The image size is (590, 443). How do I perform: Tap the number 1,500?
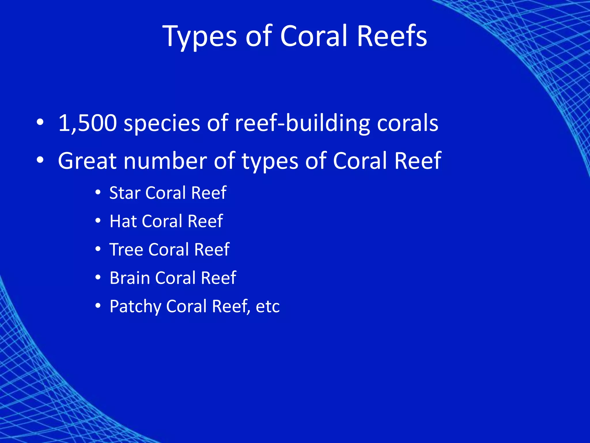[88, 123]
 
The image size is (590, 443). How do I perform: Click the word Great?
[87, 161]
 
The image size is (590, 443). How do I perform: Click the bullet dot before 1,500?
[40, 123]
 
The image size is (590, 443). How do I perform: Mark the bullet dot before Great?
[40, 160]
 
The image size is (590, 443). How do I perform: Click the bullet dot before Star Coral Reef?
[98, 193]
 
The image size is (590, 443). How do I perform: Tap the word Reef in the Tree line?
[212, 250]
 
